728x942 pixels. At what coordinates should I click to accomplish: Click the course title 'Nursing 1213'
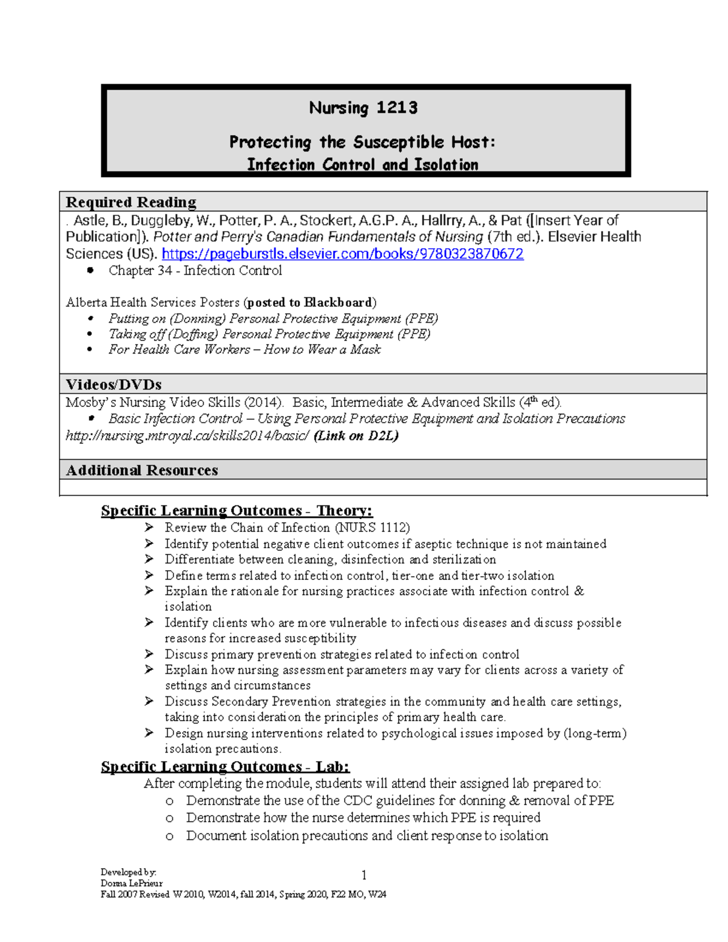pyautogui.click(x=363, y=108)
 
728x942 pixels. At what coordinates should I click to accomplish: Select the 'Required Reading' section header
pyautogui.click(x=131, y=202)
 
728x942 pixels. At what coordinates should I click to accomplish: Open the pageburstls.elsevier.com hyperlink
pyautogui.click(x=342, y=254)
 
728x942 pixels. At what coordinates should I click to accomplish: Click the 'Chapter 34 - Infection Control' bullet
pyautogui.click(x=195, y=271)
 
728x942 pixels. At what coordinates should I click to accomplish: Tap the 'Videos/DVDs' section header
pyautogui.click(x=113, y=385)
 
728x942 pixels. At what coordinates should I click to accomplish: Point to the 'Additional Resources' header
pyautogui.click(x=141, y=470)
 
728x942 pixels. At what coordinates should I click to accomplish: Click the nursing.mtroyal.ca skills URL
pyautogui.click(x=187, y=436)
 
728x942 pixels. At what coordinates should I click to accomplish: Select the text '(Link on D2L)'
pyautogui.click(x=356, y=436)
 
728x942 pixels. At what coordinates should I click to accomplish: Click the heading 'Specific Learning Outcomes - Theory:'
pyautogui.click(x=237, y=511)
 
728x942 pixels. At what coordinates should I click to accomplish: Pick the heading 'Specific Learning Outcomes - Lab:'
pyautogui.click(x=225, y=767)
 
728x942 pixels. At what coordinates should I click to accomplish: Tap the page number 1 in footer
pyautogui.click(x=363, y=875)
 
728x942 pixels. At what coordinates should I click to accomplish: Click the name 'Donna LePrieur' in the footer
pyautogui.click(x=132, y=883)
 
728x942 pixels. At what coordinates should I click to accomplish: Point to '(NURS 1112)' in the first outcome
pyautogui.click(x=373, y=528)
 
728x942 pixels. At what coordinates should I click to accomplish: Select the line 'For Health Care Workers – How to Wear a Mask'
pyautogui.click(x=244, y=349)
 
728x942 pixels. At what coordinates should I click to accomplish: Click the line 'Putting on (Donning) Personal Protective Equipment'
pyautogui.click(x=273, y=318)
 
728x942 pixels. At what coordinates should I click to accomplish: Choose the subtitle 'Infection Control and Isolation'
pyautogui.click(x=363, y=165)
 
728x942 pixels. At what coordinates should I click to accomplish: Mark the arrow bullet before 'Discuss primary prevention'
pyautogui.click(x=149, y=654)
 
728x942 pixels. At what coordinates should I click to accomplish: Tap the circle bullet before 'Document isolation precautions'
pyautogui.click(x=170, y=836)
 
